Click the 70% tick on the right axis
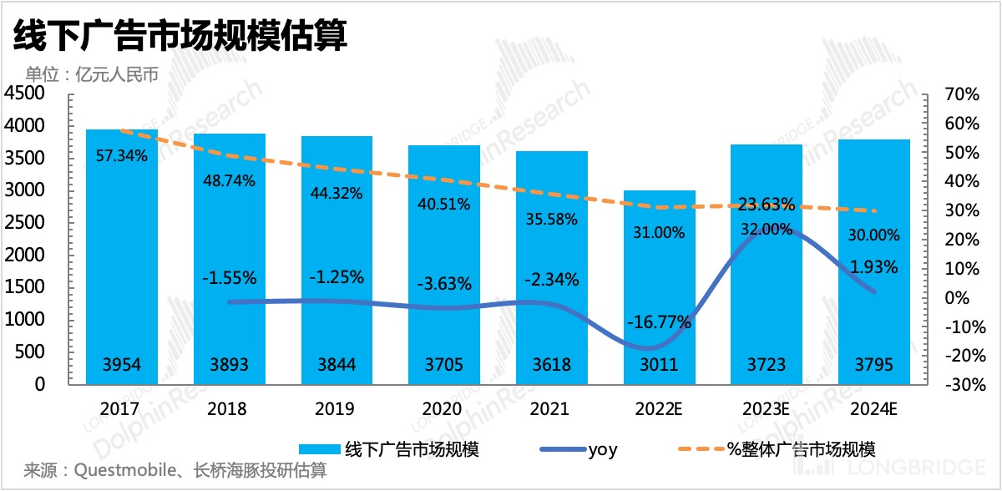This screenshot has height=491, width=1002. (x=960, y=94)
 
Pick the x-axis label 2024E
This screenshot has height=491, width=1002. (x=875, y=409)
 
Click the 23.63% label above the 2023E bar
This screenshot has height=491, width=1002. (x=766, y=205)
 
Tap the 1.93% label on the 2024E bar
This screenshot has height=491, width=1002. (x=874, y=267)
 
